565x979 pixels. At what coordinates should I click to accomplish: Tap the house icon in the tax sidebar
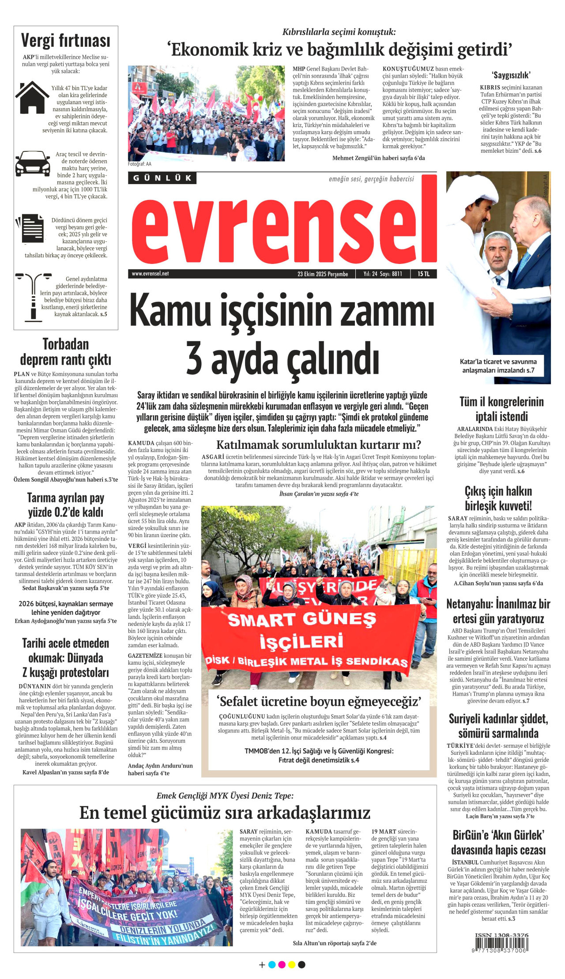click(x=32, y=98)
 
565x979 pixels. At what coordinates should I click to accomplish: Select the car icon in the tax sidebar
click(x=33, y=164)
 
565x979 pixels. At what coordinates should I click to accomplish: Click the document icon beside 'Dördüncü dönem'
click(x=31, y=229)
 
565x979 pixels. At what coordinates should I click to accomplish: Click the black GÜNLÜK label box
click(x=162, y=178)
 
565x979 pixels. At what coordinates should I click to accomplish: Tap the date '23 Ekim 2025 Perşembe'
click(x=323, y=274)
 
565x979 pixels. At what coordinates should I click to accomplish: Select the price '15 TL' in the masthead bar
click(x=423, y=274)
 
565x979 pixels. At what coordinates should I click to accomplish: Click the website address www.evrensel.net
click(x=150, y=274)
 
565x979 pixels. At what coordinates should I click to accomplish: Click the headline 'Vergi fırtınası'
click(x=66, y=41)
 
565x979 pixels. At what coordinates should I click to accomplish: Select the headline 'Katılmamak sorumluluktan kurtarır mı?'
click(x=319, y=444)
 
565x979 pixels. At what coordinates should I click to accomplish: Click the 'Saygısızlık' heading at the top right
click(x=511, y=75)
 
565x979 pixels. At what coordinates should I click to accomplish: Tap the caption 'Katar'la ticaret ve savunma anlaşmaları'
click(x=498, y=366)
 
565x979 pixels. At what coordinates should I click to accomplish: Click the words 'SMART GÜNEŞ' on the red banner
click(x=302, y=620)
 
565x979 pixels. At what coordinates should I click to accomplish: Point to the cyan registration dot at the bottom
click(x=272, y=965)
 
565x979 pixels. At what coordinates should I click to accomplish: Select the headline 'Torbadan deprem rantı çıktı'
click(x=66, y=352)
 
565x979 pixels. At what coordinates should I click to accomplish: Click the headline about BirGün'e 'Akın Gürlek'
click(x=498, y=842)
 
